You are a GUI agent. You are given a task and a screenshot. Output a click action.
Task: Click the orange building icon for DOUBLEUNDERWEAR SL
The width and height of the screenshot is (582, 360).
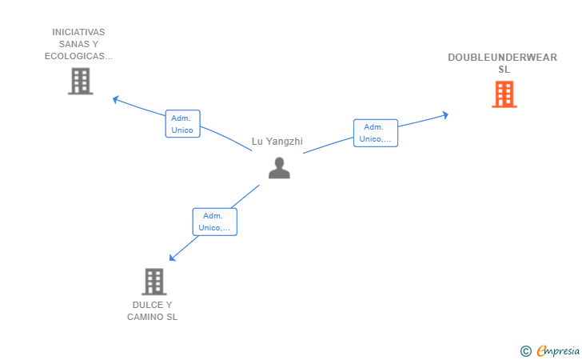click(504, 94)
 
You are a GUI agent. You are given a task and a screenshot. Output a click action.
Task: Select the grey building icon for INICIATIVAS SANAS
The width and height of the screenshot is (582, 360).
click(81, 81)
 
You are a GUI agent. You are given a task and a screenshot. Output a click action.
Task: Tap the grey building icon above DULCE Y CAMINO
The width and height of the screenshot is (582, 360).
click(154, 282)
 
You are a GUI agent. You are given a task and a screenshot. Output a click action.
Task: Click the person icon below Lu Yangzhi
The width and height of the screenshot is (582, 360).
click(279, 168)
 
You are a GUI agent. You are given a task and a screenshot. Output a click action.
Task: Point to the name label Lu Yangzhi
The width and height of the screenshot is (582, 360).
click(277, 141)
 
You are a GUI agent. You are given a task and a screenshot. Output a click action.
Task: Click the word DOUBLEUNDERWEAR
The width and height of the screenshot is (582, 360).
click(503, 58)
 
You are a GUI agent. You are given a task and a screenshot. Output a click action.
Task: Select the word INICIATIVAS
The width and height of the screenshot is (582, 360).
click(78, 32)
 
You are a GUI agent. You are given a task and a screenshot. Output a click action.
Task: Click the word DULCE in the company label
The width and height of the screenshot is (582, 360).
click(147, 305)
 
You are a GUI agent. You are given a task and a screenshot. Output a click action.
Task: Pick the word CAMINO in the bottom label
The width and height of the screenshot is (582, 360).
click(143, 317)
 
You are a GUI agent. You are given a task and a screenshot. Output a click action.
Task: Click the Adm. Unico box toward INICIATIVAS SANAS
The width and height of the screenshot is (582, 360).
click(182, 124)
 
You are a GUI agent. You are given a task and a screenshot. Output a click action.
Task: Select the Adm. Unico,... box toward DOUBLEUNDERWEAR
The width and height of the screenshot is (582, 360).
click(376, 133)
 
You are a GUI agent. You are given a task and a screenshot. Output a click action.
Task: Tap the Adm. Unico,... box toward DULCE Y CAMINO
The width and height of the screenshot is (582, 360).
click(214, 222)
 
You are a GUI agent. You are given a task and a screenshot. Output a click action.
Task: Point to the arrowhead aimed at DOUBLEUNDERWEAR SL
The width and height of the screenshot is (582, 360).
click(445, 115)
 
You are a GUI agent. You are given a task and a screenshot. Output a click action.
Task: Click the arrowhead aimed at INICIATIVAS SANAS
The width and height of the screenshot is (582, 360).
click(116, 99)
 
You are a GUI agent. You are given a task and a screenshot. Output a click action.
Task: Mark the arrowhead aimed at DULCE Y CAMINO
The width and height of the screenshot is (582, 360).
click(172, 258)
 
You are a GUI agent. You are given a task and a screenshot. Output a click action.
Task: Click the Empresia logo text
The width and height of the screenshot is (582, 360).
click(558, 350)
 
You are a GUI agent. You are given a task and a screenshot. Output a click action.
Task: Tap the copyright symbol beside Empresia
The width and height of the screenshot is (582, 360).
click(526, 351)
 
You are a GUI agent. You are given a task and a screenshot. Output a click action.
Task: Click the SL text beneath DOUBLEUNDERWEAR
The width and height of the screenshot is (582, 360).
click(504, 70)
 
